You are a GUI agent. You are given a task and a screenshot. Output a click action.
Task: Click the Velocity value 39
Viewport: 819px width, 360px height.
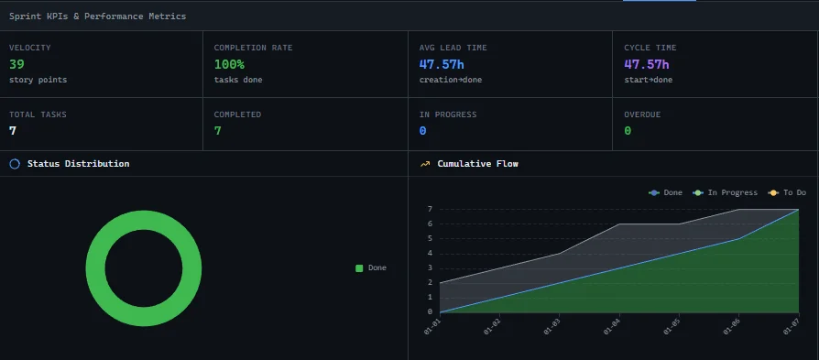click(16, 64)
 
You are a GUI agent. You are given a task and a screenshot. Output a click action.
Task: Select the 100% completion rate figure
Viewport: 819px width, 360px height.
click(229, 64)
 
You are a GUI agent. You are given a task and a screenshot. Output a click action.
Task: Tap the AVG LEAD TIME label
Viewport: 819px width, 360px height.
click(453, 48)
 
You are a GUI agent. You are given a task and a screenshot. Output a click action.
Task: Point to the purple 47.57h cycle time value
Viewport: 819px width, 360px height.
click(647, 64)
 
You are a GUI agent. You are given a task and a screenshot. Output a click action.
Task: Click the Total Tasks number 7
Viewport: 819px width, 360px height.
click(13, 130)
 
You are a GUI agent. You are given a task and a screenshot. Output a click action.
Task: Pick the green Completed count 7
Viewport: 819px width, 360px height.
click(218, 130)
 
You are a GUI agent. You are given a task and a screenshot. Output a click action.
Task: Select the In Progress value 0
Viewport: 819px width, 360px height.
click(422, 130)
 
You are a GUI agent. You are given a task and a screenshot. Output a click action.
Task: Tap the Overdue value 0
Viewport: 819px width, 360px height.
click(628, 130)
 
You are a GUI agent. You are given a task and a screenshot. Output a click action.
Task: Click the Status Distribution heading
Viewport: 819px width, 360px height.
click(78, 164)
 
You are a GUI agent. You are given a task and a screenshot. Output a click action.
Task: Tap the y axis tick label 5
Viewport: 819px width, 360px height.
click(430, 239)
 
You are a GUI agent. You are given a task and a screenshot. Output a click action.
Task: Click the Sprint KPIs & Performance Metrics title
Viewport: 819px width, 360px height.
click(97, 16)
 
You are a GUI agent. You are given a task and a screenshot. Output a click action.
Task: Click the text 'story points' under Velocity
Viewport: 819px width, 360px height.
click(38, 80)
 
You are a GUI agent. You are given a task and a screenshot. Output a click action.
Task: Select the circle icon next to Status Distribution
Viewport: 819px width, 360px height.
click(15, 164)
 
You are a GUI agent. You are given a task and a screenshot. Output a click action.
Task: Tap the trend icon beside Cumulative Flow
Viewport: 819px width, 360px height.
click(425, 164)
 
